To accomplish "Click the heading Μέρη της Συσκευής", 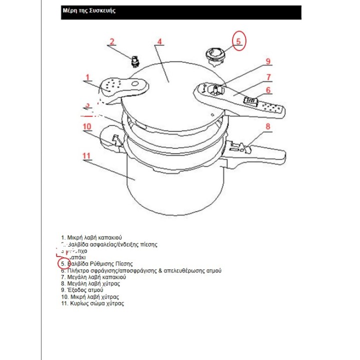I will coord(88,11).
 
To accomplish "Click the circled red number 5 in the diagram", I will coord(239,41).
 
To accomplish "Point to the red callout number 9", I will coord(268,62).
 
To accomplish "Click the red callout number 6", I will coord(268,90).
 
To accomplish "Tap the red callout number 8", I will coord(268,126).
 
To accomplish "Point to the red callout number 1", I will coord(87,77).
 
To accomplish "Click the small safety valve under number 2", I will coord(133,61).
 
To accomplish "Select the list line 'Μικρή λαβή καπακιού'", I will coord(91,237).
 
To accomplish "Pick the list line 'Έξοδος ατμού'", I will coord(82,290).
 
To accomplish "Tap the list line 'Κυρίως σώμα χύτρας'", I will coord(92,303).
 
